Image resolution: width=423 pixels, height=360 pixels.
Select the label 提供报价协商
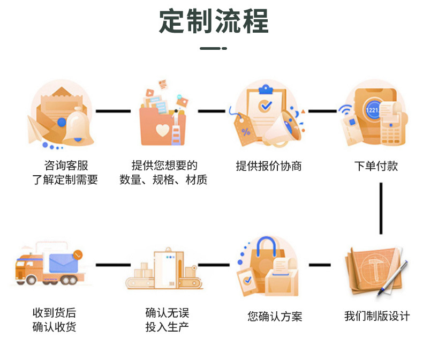pos(269,166)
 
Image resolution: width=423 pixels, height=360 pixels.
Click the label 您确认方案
pos(275,317)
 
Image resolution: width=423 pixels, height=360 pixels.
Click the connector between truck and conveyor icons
pos(113,265)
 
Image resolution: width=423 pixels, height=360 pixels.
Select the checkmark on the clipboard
pos(265,106)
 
